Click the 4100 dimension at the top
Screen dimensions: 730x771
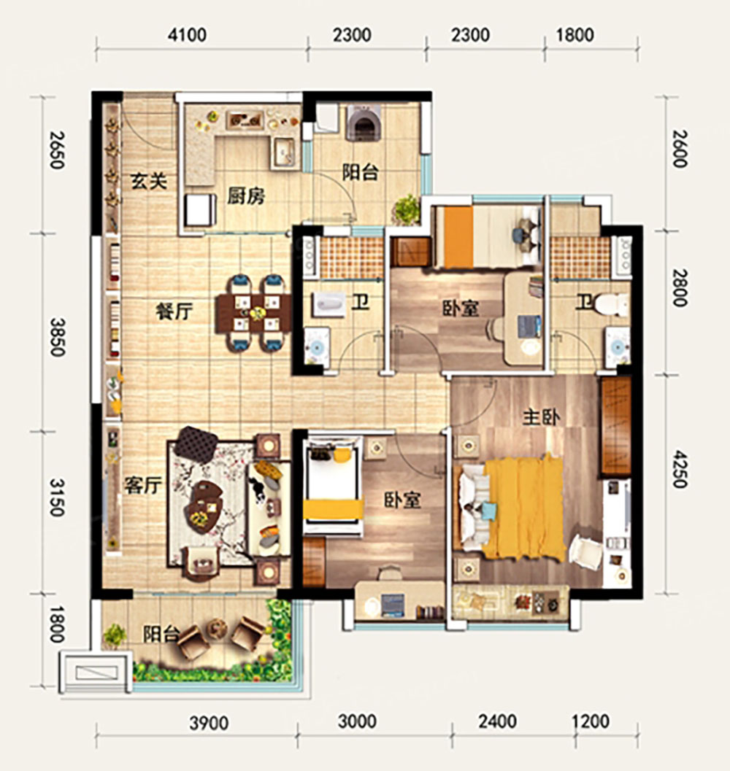[x=187, y=36]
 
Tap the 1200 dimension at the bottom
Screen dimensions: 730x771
[x=590, y=721]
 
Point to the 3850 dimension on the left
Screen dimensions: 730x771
[x=57, y=337]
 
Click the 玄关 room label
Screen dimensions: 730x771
[x=149, y=182]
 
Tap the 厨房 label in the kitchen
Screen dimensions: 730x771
[x=245, y=196]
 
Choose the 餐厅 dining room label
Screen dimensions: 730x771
[x=174, y=311]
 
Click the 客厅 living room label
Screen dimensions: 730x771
[x=143, y=485]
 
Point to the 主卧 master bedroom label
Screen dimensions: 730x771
[x=541, y=417]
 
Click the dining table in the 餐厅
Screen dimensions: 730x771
[x=254, y=313]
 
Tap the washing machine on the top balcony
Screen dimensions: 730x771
[x=364, y=123]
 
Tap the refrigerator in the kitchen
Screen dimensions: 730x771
[x=200, y=211]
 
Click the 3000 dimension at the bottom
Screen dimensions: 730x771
[x=358, y=721]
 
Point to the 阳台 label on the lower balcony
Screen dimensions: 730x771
[x=161, y=634]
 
